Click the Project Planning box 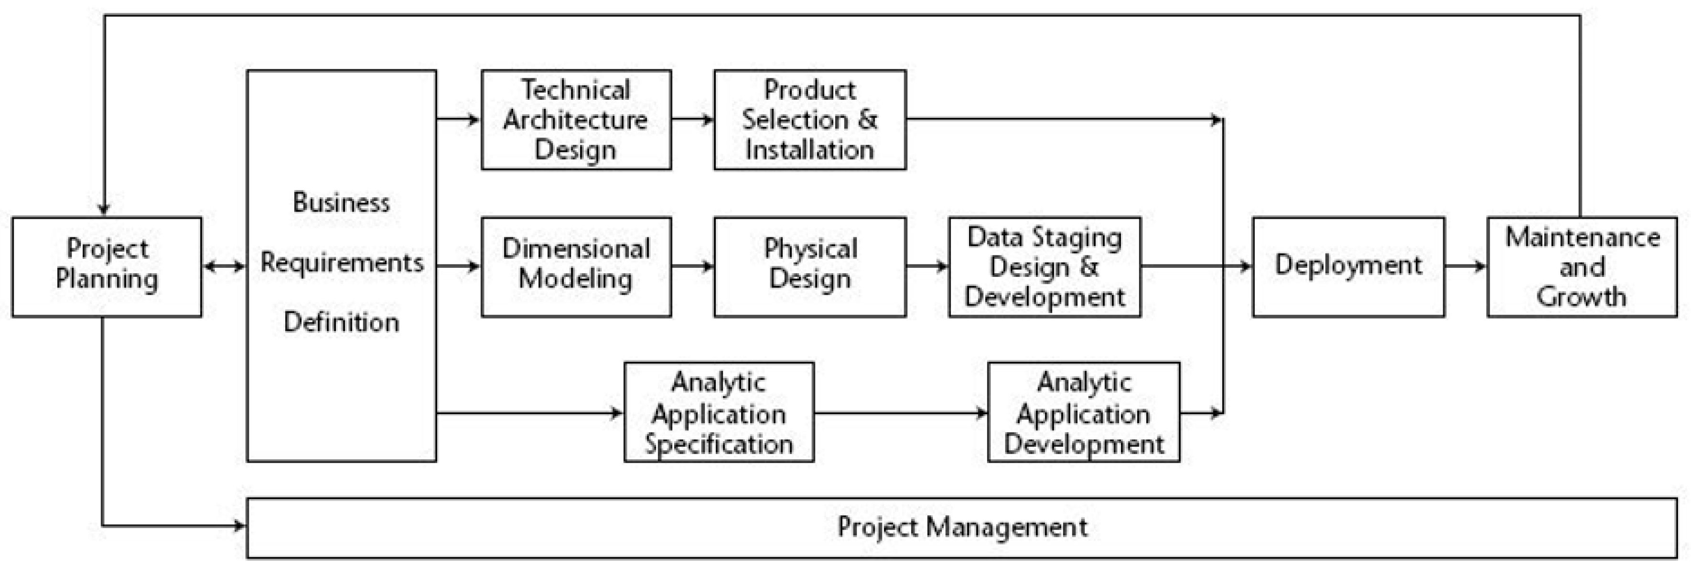tap(107, 266)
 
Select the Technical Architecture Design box tap(576, 119)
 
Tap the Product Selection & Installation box tap(809, 119)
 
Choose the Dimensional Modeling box tap(576, 266)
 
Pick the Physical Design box tap(809, 266)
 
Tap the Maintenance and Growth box tap(1582, 266)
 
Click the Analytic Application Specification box tap(719, 412)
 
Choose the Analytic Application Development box tap(1083, 412)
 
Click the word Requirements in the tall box tap(341, 263)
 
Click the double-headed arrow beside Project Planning tap(224, 266)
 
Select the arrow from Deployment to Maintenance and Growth tap(1465, 266)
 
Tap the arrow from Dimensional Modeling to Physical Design tap(692, 266)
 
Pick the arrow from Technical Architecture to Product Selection tap(692, 119)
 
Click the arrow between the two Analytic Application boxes tap(901, 413)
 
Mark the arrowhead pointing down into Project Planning tap(103, 209)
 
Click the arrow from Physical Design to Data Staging tap(927, 266)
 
